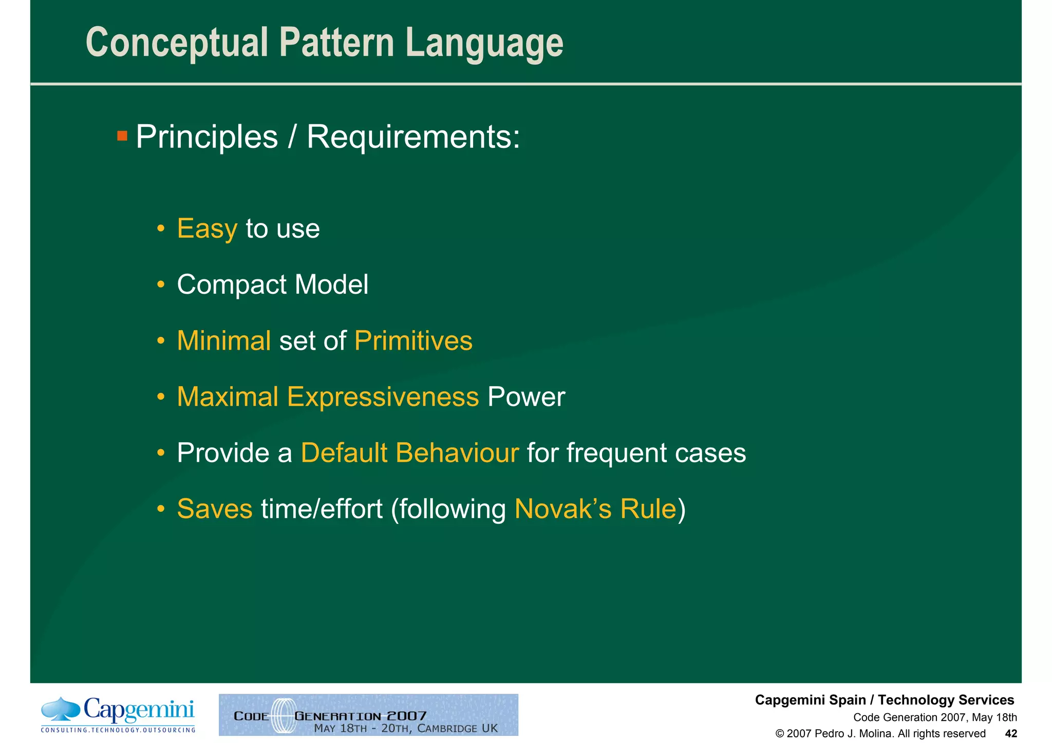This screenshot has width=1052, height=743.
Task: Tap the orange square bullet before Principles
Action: [122, 136]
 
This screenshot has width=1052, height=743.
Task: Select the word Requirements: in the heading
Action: [413, 137]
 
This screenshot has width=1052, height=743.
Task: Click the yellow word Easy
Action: [207, 229]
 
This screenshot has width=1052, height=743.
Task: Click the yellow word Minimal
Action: [223, 341]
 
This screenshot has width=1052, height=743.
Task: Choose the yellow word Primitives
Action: [413, 341]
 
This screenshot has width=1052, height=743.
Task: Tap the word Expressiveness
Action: [383, 397]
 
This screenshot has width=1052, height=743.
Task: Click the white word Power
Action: [526, 397]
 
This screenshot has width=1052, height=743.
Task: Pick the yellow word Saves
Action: [215, 509]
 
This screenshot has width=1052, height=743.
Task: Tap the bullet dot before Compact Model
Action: [161, 284]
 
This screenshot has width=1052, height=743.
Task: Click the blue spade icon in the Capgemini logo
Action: [61, 709]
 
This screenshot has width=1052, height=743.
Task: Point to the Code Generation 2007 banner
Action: [368, 715]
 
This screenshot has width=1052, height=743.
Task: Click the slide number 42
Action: [1010, 733]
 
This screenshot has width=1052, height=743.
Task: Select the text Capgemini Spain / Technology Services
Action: [884, 700]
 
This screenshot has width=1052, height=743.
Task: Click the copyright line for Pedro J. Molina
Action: [880, 733]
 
